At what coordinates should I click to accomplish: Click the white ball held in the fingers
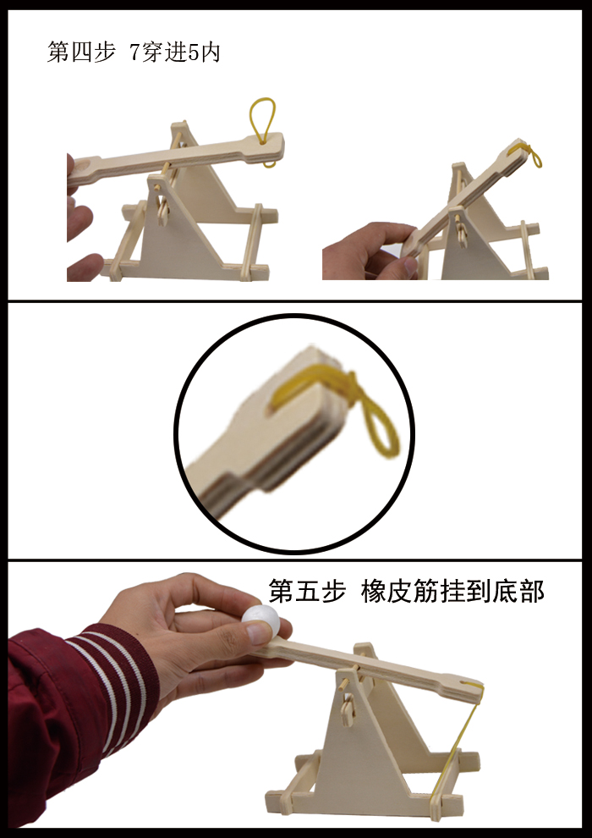[259, 619]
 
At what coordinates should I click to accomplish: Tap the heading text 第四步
[80, 52]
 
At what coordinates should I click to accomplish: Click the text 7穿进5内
[176, 52]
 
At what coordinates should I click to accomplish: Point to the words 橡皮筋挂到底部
[452, 590]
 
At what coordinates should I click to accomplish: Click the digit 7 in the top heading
[134, 52]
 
